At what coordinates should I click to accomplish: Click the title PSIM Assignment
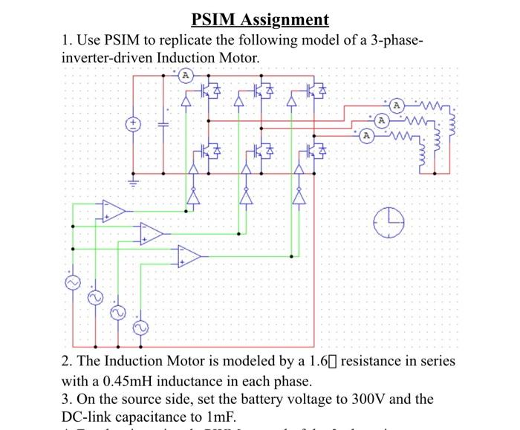tap(259, 19)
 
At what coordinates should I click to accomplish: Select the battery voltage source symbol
tap(134, 125)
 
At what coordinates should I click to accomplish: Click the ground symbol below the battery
tap(134, 180)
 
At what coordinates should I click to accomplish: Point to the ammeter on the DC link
tap(186, 75)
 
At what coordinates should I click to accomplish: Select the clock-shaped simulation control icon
tap(389, 221)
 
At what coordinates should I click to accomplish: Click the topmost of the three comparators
tap(113, 212)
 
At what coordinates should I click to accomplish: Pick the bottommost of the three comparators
tap(189, 257)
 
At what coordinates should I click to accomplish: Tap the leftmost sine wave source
tap(73, 284)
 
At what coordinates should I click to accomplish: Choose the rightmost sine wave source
tap(138, 328)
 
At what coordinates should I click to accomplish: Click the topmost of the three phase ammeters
tap(397, 105)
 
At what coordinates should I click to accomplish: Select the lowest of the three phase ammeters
tap(366, 135)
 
